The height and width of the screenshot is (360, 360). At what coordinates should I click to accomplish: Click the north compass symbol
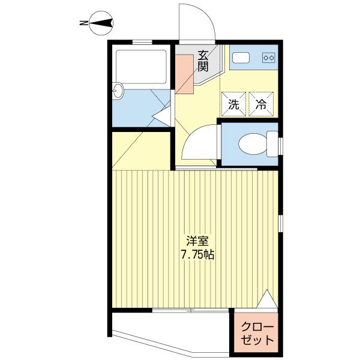point(101,23)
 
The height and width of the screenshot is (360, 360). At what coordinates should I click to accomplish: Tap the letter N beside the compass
point(83,23)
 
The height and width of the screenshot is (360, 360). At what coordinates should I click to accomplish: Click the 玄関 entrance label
point(203,61)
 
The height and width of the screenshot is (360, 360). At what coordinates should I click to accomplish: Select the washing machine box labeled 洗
point(234,104)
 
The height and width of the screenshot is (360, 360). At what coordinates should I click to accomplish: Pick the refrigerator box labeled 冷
point(262,104)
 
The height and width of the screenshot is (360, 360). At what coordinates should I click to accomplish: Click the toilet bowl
point(253,144)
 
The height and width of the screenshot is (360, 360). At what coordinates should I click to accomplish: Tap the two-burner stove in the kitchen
point(269,58)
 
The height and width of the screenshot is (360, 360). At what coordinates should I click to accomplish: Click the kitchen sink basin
point(241,58)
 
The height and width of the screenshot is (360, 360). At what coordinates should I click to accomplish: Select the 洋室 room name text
point(197,242)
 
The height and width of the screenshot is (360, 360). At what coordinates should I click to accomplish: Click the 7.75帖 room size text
point(197,254)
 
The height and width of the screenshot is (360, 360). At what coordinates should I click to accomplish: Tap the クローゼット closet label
point(257,334)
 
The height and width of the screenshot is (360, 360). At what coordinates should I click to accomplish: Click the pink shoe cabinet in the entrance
point(184,74)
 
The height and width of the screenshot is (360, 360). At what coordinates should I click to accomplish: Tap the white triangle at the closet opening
point(267,299)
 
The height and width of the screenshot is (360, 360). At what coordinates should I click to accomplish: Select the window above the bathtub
point(142,42)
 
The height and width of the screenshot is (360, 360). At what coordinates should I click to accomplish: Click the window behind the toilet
point(281,146)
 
